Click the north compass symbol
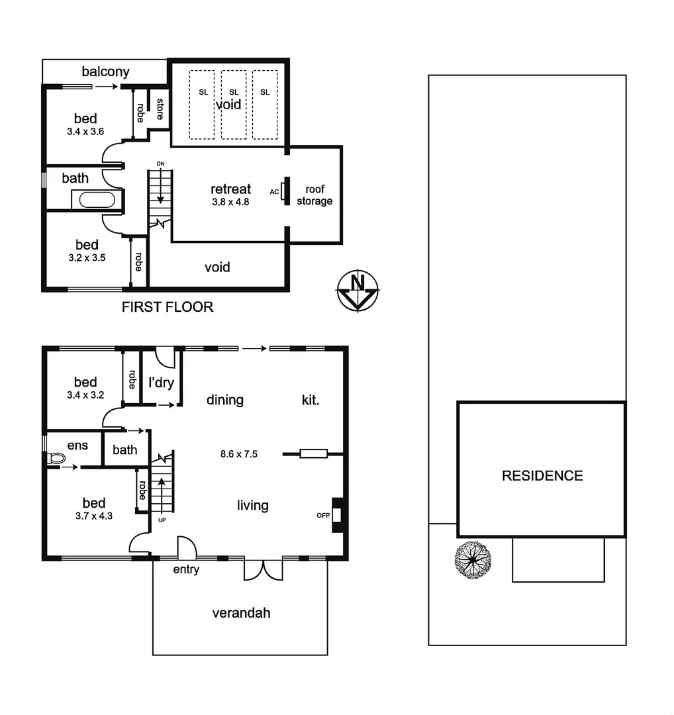(358, 290)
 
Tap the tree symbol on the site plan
(473, 560)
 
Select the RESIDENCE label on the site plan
(542, 475)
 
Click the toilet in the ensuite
(56, 457)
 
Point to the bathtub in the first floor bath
(97, 199)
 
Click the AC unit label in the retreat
(274, 191)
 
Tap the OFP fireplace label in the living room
(323, 515)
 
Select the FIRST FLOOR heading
(168, 307)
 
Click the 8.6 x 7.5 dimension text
(238, 454)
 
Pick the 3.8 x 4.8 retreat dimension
(230, 203)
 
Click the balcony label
(106, 71)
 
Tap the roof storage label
(314, 195)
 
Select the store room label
(160, 108)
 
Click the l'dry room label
(160, 382)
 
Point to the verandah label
(241, 613)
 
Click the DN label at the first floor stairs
(160, 164)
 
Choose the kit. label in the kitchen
(311, 400)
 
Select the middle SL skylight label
(233, 92)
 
